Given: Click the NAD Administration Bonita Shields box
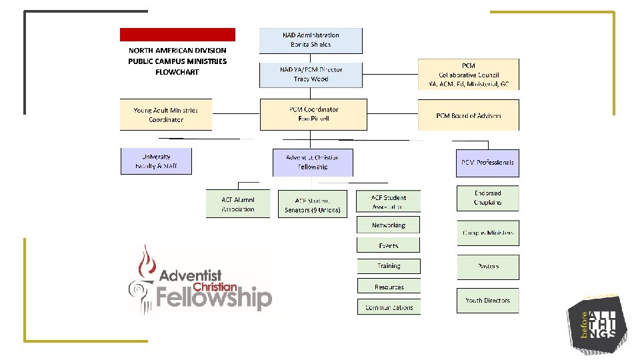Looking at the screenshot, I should pos(311,40).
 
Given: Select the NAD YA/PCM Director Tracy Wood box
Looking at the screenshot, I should pos(311,75).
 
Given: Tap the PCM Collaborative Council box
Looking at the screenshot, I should pos(468,75).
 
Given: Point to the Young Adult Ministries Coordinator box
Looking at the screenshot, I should pos(166,115).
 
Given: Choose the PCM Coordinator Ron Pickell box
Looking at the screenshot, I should pos(313,114).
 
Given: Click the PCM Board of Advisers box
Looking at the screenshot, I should pos(468,115).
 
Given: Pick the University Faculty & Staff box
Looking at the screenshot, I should pos(156,161).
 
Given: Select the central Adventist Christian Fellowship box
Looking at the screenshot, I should pos(312,162).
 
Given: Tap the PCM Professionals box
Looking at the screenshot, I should pos(487,163).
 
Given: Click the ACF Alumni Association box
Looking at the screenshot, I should pos(238,204).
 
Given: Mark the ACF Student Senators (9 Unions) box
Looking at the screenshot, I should pos(312,205).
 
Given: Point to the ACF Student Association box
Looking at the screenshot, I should pos(389,202).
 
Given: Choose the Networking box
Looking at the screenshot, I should pos(389,225).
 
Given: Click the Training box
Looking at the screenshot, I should pos(389,266).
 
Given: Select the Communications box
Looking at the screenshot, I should pos(389,307).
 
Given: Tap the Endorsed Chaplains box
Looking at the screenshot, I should pos(487,198).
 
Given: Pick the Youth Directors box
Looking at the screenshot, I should pos(487,301).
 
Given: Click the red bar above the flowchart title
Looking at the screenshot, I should pos(177,35).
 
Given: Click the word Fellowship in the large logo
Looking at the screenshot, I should pos(214,298).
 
